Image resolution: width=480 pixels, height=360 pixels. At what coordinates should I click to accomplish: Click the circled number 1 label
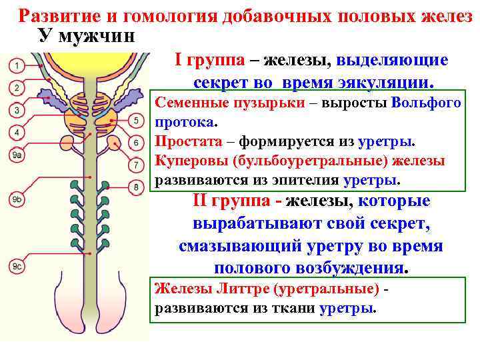click(x=17, y=65)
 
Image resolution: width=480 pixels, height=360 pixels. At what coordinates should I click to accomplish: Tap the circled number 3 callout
click(x=17, y=109)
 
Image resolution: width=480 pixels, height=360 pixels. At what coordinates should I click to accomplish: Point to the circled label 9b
click(x=17, y=199)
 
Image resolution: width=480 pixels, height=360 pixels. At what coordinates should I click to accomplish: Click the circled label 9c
click(x=17, y=267)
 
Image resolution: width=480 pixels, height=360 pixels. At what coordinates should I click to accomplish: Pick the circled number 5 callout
click(x=135, y=121)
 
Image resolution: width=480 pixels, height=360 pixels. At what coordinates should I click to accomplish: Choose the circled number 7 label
click(x=135, y=164)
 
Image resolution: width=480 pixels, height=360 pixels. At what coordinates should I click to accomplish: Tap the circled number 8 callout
click(x=135, y=187)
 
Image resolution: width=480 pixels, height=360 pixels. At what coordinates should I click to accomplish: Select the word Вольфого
click(x=427, y=103)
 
